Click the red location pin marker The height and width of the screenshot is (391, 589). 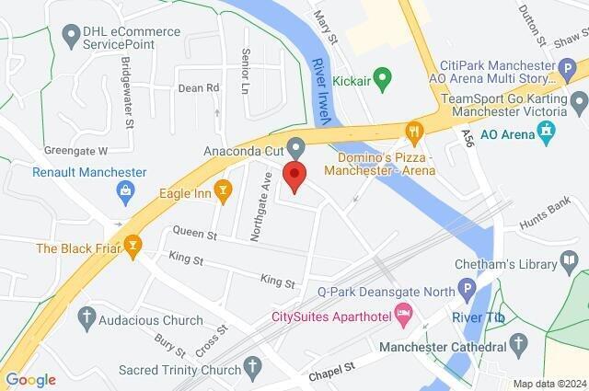294,175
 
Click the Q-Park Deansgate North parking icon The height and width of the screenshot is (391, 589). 467,289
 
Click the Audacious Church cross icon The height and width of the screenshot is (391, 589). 87,316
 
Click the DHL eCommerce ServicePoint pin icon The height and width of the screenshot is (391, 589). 70,35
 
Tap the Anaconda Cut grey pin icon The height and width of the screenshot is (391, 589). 295,146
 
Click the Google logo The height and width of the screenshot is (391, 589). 30,380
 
